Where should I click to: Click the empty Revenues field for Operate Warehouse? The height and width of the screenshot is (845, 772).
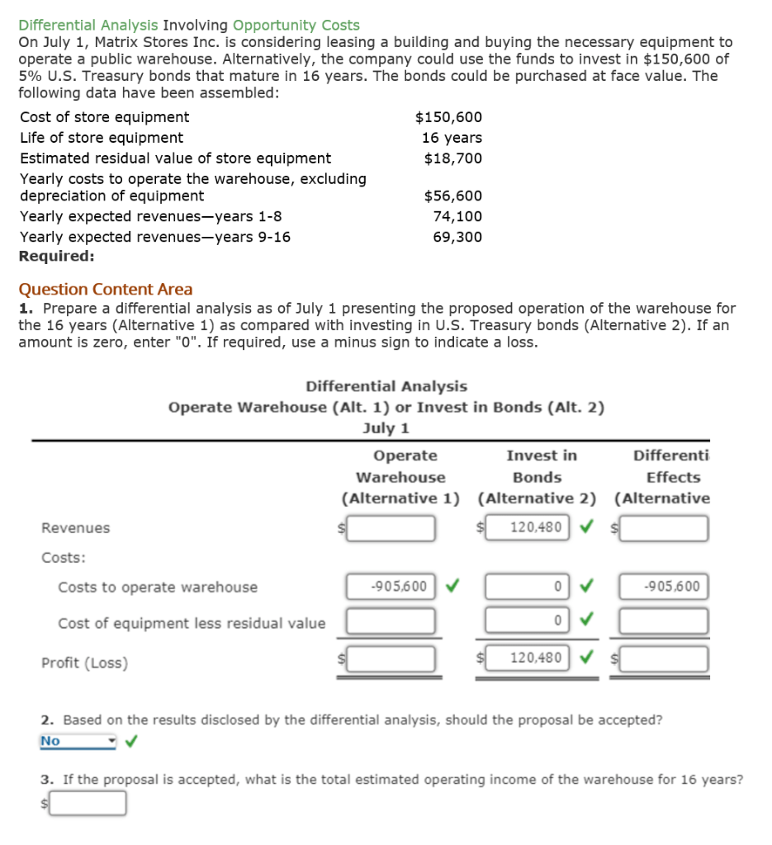[391, 528]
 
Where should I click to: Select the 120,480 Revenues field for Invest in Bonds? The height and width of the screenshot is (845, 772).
[526, 527]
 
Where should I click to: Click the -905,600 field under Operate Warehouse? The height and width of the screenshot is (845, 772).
[391, 587]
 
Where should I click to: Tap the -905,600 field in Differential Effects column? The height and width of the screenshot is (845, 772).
[664, 587]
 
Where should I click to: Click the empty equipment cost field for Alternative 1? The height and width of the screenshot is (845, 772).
[391, 621]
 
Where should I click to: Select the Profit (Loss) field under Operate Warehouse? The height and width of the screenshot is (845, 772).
[391, 659]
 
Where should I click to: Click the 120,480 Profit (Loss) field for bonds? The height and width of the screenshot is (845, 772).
[526, 658]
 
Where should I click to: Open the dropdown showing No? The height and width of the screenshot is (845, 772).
[78, 741]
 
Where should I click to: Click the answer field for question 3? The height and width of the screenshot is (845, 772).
[88, 803]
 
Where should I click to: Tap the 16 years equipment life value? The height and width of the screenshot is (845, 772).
[452, 138]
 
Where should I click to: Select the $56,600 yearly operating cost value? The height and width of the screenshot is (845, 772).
[452, 196]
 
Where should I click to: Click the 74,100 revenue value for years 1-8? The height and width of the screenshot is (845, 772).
[457, 216]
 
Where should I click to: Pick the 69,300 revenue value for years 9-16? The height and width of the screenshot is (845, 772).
[457, 237]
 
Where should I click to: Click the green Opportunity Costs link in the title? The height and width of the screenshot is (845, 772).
[296, 26]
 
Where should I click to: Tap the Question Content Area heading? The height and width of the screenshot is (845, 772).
[106, 290]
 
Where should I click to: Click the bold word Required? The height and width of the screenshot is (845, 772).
[56, 256]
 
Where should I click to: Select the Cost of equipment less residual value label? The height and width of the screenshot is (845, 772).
[192, 624]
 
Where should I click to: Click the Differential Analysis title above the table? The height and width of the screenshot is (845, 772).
[386, 386]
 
